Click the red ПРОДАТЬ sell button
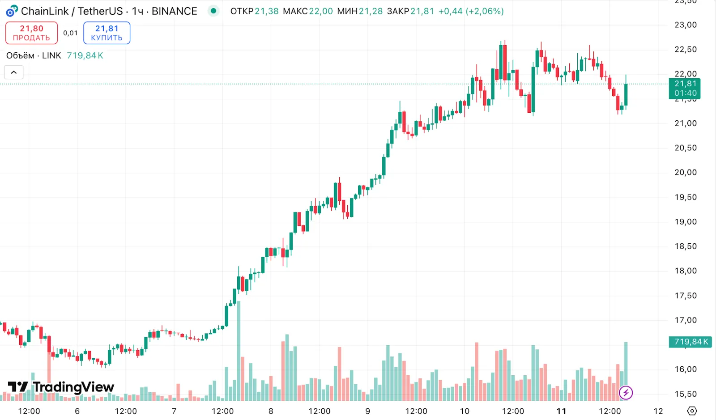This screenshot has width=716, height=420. click(x=31, y=33)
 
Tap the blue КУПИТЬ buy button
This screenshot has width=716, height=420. click(x=107, y=33)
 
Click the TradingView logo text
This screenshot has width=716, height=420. click(x=61, y=387)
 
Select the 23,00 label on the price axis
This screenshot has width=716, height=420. click(x=685, y=25)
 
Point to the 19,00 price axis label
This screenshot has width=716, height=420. click(x=685, y=222)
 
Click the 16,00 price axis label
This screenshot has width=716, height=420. click(x=685, y=369)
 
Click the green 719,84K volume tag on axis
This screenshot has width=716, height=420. click(x=690, y=342)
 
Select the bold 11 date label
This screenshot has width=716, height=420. click(x=561, y=411)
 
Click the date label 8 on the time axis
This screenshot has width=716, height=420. click(x=271, y=411)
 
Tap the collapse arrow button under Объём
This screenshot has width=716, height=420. click(x=14, y=72)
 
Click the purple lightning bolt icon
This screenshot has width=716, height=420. click(x=626, y=393)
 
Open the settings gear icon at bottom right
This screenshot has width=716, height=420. click(x=692, y=411)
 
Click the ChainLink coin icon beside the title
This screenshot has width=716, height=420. click(x=12, y=11)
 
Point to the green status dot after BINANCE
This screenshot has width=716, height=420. click(x=213, y=11)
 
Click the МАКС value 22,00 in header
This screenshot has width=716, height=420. click(x=320, y=11)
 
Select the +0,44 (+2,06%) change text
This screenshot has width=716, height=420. click(x=471, y=11)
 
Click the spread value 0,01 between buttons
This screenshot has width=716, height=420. click(x=70, y=33)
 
